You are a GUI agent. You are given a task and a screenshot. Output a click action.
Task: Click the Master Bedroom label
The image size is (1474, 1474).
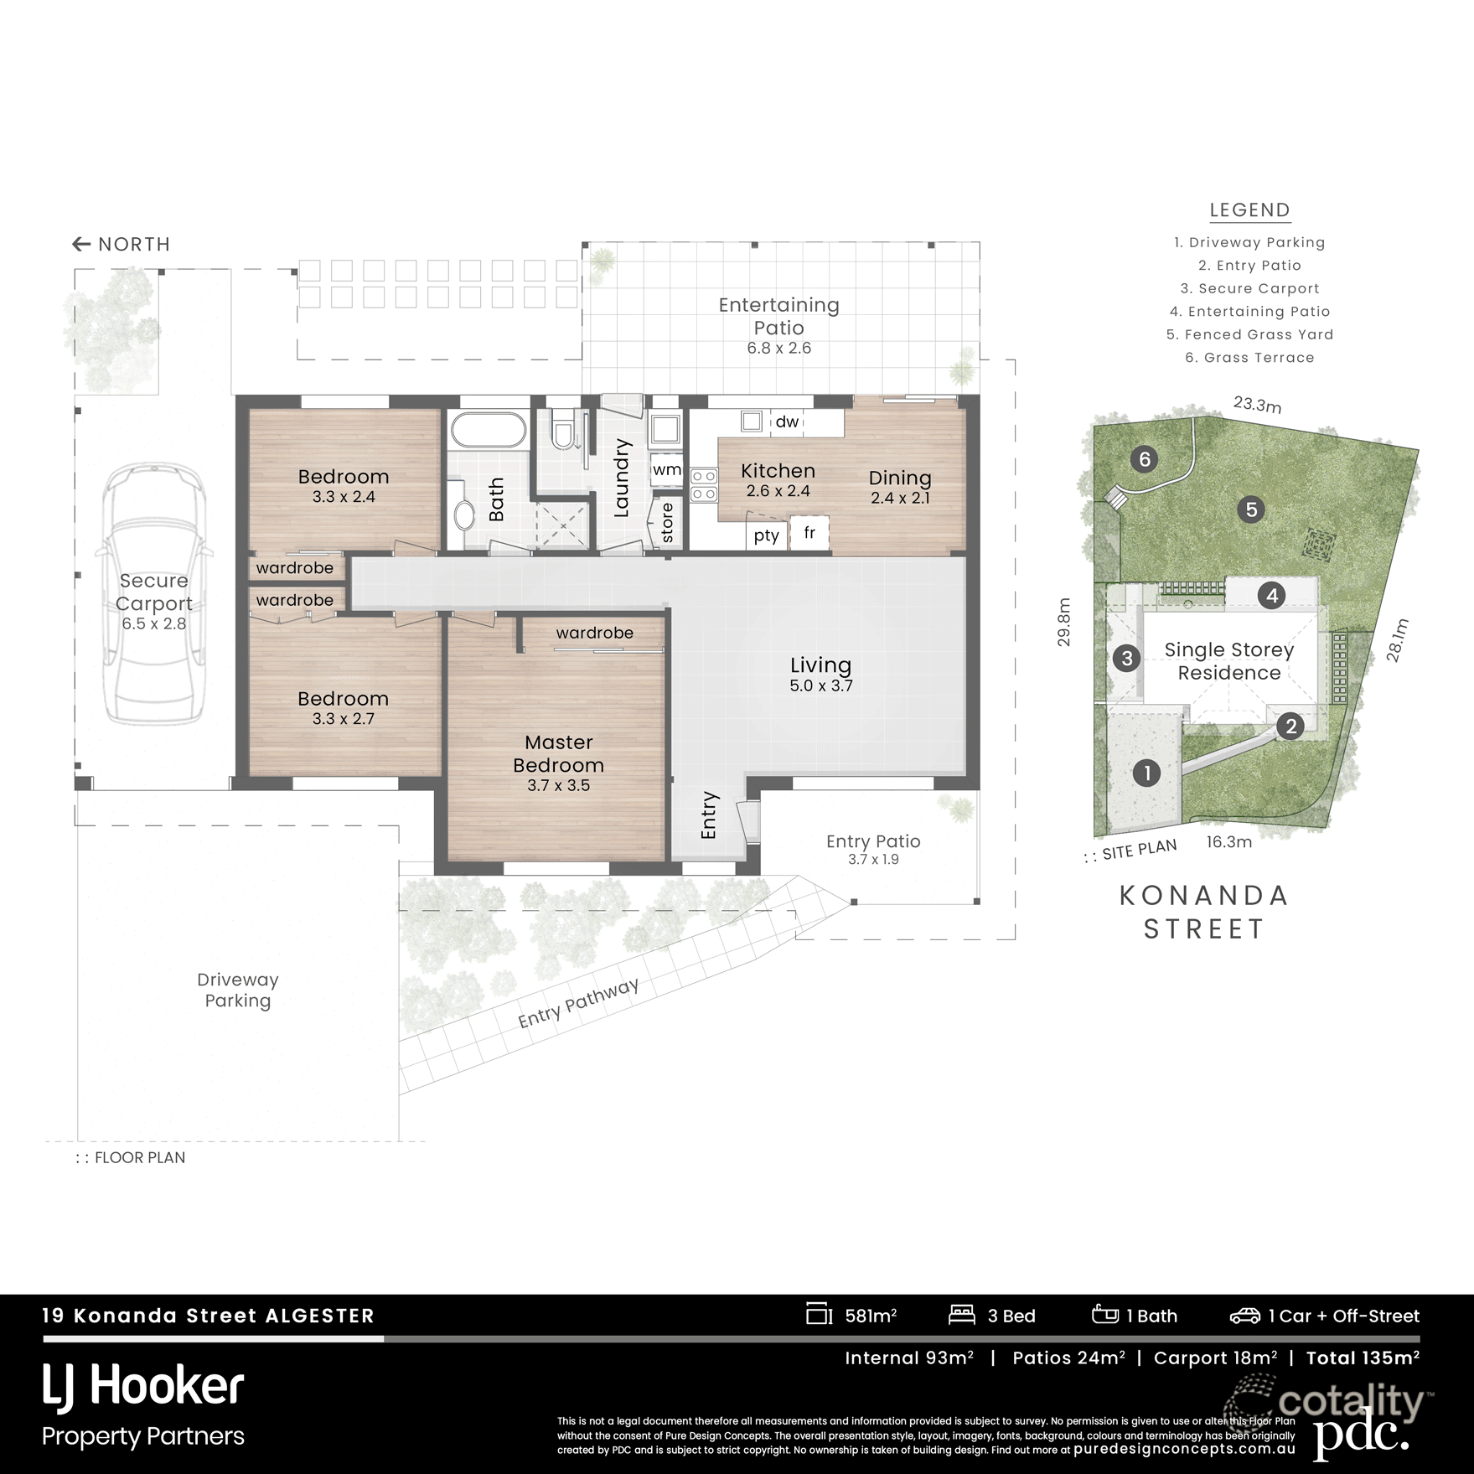tap(558, 754)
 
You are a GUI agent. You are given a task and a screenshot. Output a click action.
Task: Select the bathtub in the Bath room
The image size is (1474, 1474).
tap(489, 432)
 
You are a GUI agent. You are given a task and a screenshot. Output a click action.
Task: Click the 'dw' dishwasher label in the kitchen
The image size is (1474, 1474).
tap(786, 422)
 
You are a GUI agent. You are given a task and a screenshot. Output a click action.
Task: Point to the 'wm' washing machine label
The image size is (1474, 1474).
tap(666, 469)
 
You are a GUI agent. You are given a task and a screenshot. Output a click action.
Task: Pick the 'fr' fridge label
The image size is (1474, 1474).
tap(809, 533)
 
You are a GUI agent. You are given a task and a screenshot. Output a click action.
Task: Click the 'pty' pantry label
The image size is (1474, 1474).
tap(766, 535)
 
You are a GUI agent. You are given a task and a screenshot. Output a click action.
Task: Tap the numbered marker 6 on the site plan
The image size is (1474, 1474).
tap(1144, 459)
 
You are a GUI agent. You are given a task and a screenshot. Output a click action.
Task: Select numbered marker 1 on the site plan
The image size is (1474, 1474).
tap(1146, 773)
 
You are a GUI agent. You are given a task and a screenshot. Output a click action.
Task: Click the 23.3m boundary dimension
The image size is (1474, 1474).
tap(1257, 405)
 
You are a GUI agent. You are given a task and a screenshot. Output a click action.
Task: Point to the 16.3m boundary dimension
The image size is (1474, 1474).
tap(1228, 841)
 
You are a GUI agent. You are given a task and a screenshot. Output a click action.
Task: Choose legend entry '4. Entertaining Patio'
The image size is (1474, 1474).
tap(1249, 312)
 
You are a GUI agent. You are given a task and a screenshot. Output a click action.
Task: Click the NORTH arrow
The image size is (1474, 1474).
tap(81, 244)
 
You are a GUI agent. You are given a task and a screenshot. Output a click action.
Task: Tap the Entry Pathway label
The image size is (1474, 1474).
tap(578, 1002)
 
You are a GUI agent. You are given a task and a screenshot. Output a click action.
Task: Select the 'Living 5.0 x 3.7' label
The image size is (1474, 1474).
tap(820, 674)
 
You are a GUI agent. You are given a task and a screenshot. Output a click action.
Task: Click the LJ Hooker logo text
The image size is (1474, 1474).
tap(143, 1386)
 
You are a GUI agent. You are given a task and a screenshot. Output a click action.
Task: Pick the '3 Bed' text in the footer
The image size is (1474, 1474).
tap(1011, 1316)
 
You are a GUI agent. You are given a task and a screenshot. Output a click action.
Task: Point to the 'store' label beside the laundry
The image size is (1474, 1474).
tap(667, 522)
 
